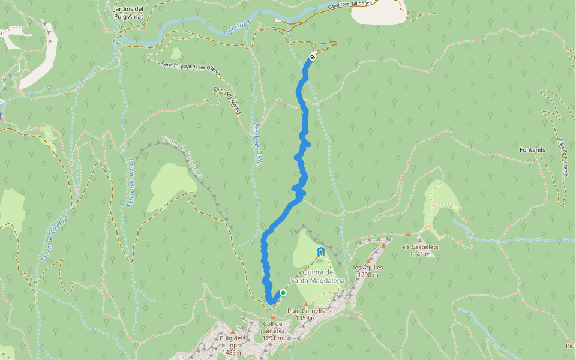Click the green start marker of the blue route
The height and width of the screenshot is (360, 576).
[283, 293]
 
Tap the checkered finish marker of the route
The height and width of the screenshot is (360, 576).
[313, 57]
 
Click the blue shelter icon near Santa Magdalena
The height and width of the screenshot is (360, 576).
[321, 251]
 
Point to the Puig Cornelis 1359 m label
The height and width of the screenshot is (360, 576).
[306, 314]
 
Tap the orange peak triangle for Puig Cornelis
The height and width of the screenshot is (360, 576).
[306, 304]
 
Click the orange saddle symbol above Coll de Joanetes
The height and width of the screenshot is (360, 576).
[273, 317]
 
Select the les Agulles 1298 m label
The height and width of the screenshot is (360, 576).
[368, 271]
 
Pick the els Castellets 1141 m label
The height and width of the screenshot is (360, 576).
[420, 250]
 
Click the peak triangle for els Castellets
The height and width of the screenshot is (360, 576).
[420, 239]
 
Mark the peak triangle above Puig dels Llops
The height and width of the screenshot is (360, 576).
[232, 332]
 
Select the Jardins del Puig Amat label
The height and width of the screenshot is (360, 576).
[128, 13]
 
